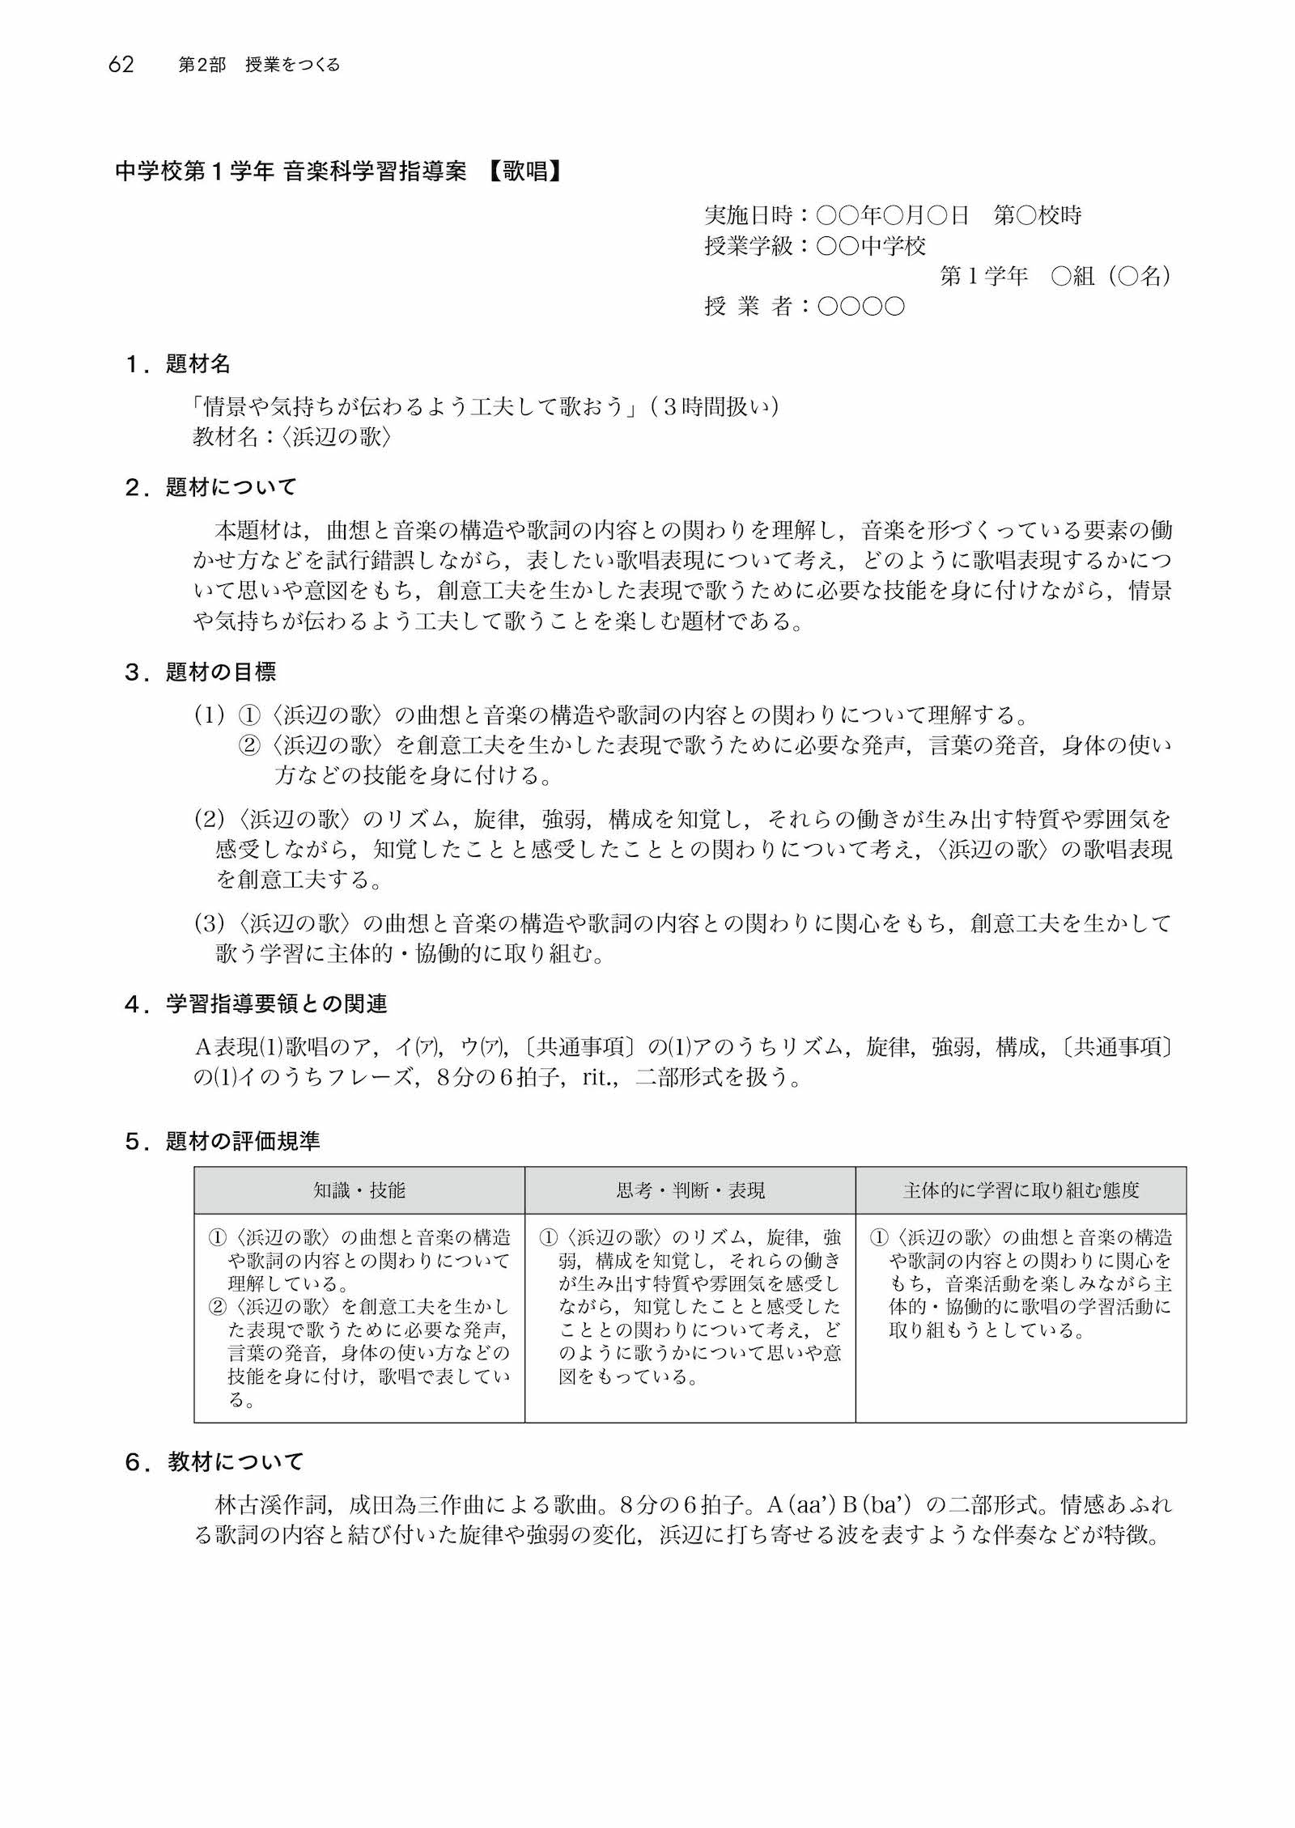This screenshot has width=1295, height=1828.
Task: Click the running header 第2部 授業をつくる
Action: point(259,66)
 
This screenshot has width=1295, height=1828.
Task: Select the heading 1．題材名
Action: point(178,365)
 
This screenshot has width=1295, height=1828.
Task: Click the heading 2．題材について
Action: point(211,487)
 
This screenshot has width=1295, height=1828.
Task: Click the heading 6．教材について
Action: point(214,1462)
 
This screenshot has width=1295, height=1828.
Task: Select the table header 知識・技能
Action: point(359,1190)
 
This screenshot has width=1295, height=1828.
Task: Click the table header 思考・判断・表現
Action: point(690,1190)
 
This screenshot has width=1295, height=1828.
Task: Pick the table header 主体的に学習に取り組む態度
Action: point(1021,1190)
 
